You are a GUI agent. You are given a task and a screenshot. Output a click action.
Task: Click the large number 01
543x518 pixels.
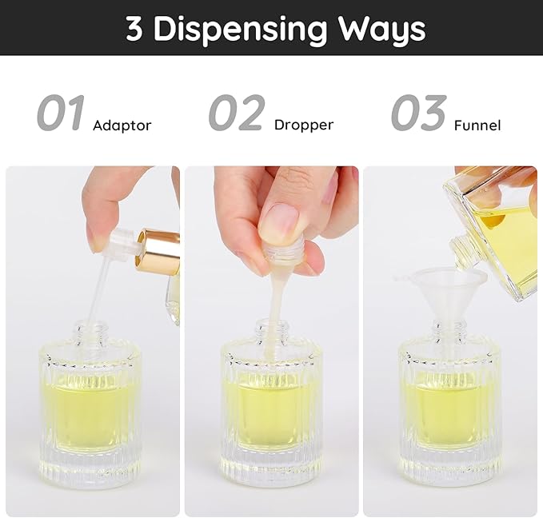pyautogui.click(x=61, y=113)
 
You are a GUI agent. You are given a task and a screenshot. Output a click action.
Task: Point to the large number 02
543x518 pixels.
pyautogui.click(x=237, y=113)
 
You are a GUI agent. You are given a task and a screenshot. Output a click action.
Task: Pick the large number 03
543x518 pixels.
pyautogui.click(x=417, y=113)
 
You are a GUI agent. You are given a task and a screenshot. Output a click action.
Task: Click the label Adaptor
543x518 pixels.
pyautogui.click(x=122, y=126)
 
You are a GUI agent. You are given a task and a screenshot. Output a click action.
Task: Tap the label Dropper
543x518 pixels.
pyautogui.click(x=303, y=125)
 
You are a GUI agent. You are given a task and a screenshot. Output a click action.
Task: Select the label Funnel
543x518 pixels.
pyautogui.click(x=477, y=126)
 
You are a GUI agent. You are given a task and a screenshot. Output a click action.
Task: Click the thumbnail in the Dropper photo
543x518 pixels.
pyautogui.click(x=279, y=222)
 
